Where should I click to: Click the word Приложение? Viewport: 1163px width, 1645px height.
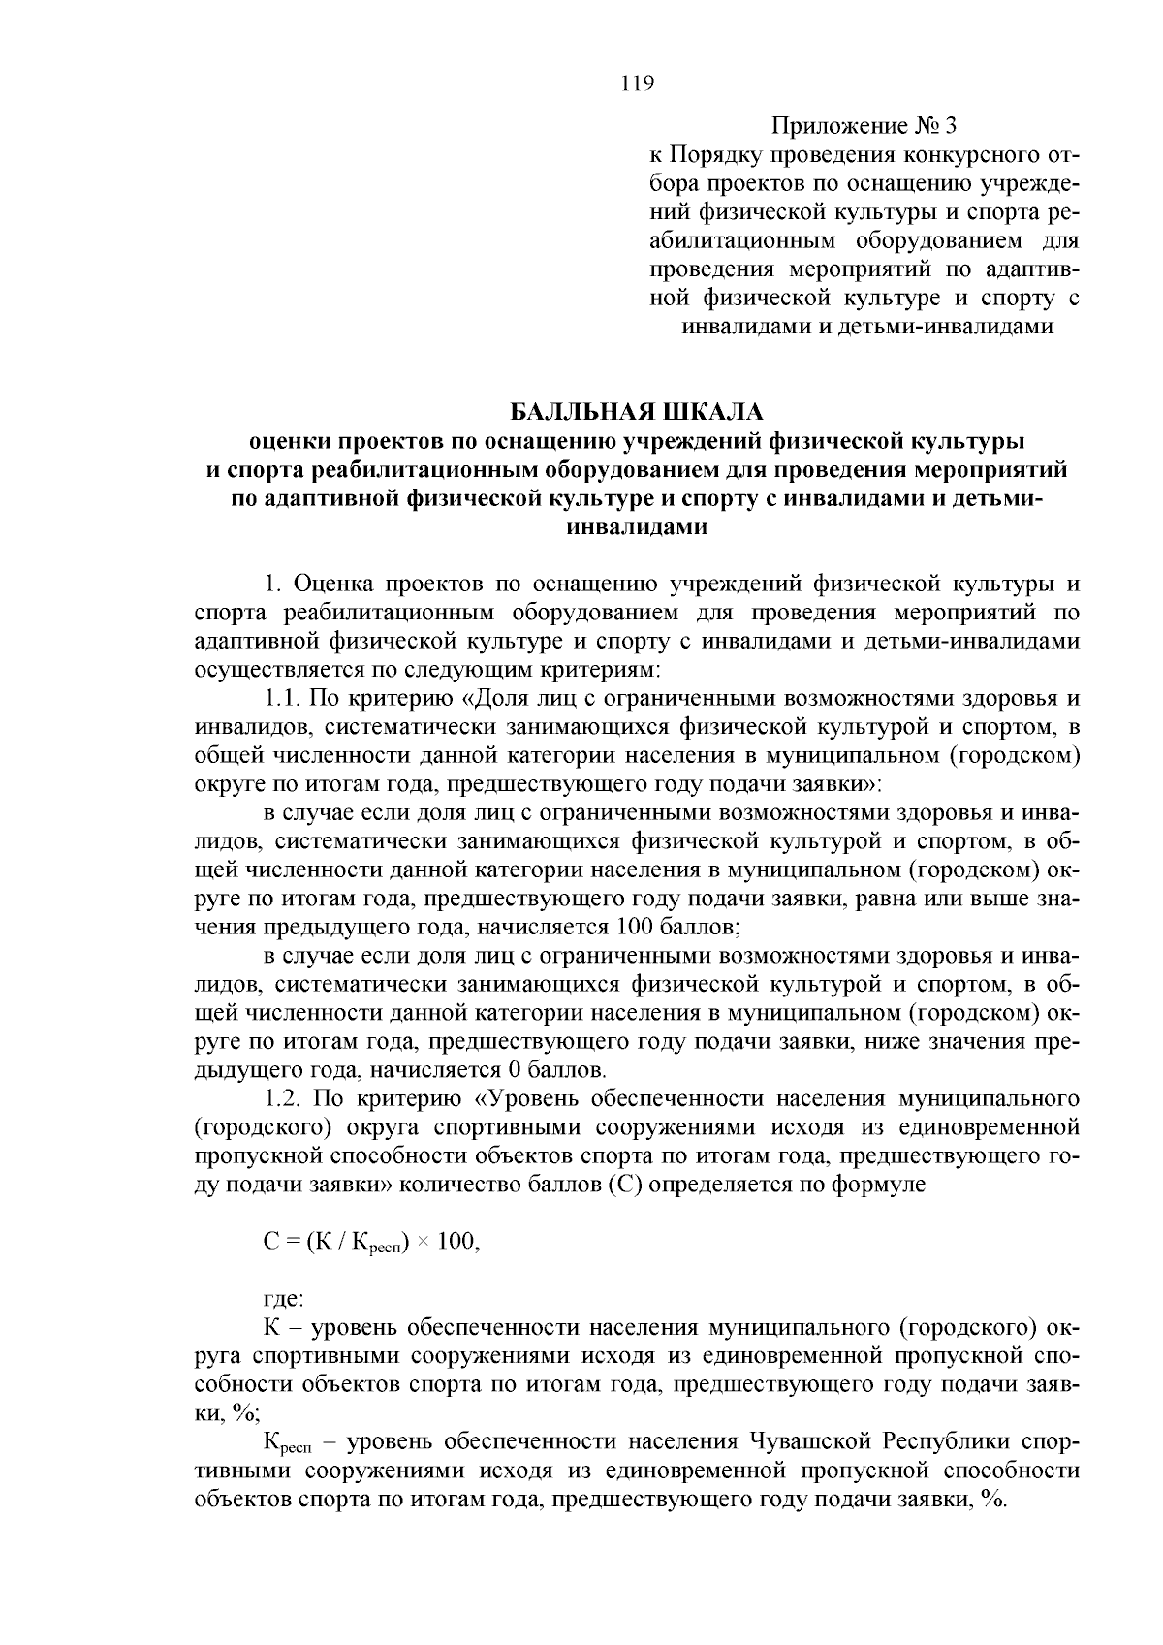(x=837, y=126)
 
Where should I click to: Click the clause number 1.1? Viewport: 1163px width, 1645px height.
(x=282, y=699)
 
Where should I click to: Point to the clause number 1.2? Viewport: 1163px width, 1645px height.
(x=284, y=1099)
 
